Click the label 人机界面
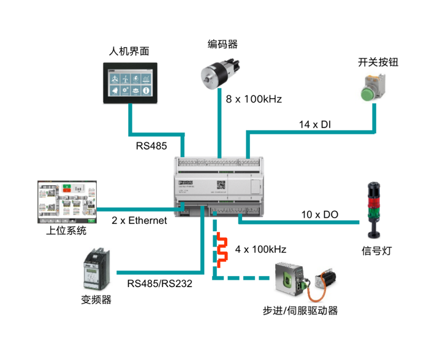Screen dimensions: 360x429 (x=129, y=51)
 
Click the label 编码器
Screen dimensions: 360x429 (x=222, y=44)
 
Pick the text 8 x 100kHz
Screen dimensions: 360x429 (x=254, y=99)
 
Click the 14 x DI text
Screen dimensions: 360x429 (x=315, y=124)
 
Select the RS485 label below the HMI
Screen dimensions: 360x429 (x=151, y=147)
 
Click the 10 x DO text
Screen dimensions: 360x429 (x=319, y=215)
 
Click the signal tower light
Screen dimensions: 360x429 (x=374, y=209)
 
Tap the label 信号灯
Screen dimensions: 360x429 (x=374, y=251)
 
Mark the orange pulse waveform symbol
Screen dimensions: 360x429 (x=220, y=250)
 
